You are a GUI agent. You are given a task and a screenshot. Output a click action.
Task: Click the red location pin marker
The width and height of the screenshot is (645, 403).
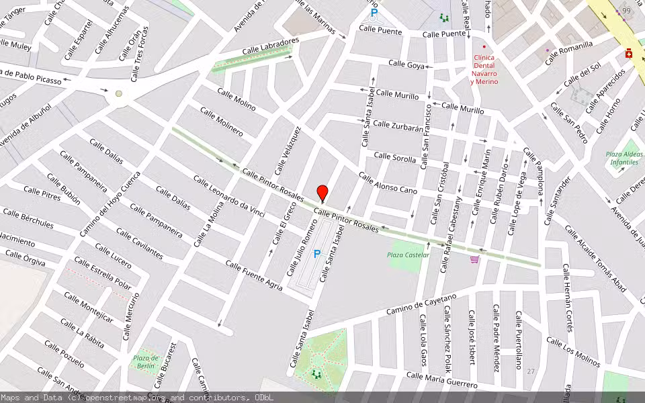322,193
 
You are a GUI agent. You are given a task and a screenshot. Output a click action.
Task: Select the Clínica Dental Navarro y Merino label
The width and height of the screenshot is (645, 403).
484,70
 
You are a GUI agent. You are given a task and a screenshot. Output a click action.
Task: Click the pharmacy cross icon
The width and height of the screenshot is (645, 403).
630,53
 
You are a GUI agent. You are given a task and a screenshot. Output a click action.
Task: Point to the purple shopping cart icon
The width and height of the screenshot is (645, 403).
474,259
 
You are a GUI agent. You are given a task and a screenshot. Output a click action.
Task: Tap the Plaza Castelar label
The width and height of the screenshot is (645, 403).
408,255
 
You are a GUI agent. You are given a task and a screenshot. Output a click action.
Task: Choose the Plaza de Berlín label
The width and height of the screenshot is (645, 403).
146,361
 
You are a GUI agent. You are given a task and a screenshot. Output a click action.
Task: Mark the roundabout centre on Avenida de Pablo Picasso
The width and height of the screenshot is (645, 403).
119,94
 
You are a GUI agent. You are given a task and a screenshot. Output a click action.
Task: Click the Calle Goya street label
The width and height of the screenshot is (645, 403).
406,64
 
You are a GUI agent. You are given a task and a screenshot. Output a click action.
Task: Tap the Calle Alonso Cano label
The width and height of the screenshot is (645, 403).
388,183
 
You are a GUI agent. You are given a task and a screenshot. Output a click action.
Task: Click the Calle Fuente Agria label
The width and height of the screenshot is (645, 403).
254,275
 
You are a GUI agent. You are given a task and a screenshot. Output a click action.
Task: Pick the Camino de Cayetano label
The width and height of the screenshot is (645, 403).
421,304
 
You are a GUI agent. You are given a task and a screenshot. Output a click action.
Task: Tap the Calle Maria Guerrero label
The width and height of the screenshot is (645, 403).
442,380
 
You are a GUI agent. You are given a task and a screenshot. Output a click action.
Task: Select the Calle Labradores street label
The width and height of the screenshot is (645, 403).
271,46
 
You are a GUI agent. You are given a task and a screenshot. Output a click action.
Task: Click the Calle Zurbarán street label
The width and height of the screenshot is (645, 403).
398,126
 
